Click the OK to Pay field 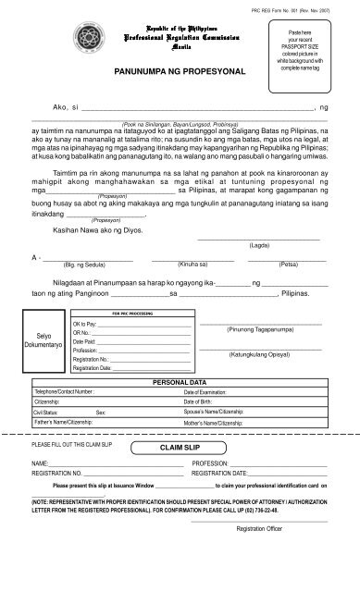pos(130,326)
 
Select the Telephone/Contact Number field pos(102,392)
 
